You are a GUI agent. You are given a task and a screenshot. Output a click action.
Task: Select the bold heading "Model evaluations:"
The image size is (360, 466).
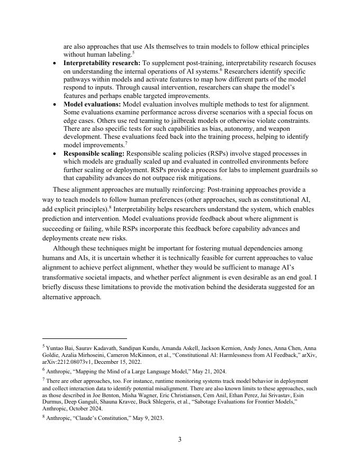point(92,104)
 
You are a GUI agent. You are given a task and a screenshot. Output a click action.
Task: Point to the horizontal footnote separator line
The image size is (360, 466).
point(85,338)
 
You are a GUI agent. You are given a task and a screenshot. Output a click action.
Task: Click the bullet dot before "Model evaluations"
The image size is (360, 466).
point(56,105)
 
